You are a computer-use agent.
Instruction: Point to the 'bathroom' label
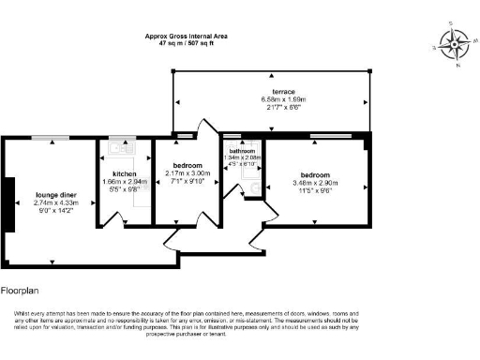click(x=243, y=150)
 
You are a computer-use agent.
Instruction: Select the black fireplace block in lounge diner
click(x=7, y=203)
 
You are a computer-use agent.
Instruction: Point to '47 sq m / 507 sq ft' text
click(x=186, y=43)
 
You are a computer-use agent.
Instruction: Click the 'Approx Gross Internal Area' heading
click(x=186, y=36)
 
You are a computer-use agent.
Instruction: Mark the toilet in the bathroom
click(x=250, y=190)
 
